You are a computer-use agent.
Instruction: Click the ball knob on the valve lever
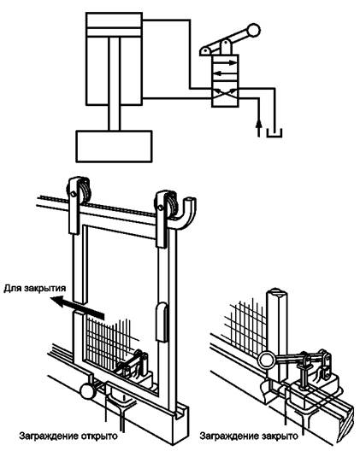click(x=253, y=30)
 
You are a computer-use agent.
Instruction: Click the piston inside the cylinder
click(x=114, y=32)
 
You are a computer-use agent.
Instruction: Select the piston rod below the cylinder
click(x=114, y=84)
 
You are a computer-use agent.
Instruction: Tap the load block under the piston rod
click(x=114, y=146)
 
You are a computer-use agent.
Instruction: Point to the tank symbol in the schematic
click(x=274, y=133)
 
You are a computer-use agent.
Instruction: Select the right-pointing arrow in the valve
click(x=225, y=62)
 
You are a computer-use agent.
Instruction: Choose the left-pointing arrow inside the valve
click(x=225, y=73)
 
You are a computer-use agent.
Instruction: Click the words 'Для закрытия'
click(x=35, y=288)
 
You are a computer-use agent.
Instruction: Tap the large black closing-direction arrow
click(x=77, y=307)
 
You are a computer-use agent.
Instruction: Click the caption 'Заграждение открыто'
click(x=68, y=436)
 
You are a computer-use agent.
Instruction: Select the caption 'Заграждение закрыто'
click(x=249, y=436)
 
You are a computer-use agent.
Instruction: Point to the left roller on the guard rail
click(x=79, y=191)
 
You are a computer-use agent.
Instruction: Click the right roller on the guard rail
click(x=166, y=205)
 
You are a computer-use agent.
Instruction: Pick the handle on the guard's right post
click(x=162, y=322)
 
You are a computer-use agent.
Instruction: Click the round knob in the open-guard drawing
click(x=87, y=391)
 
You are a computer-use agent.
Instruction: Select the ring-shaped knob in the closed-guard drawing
click(x=266, y=360)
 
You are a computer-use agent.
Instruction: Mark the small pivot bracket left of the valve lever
click(x=205, y=51)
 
